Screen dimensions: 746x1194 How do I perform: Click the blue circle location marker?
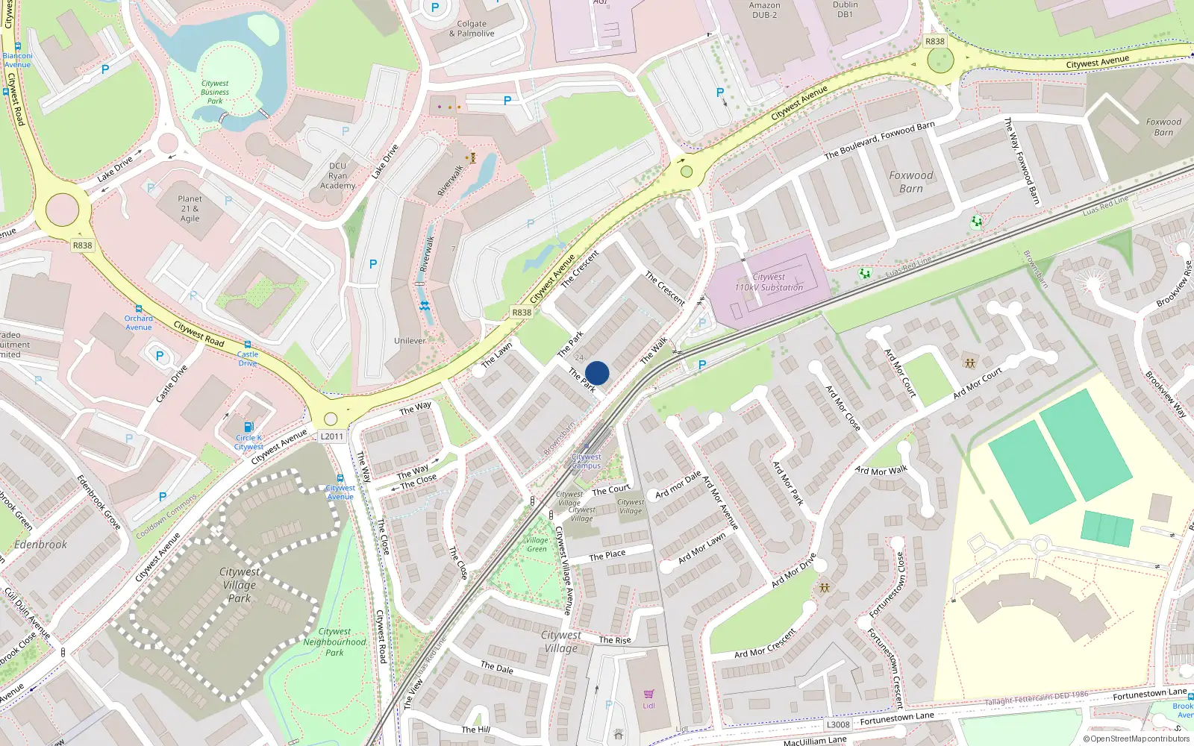597,373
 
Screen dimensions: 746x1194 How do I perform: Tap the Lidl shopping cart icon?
648,694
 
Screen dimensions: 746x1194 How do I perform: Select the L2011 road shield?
331,437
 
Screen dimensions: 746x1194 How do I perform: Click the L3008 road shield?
838,724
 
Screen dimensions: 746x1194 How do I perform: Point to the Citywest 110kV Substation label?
769,282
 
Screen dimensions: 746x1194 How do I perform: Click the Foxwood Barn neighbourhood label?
910,182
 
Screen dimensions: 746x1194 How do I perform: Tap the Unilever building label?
410,341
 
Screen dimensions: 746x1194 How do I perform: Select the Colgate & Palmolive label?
472,29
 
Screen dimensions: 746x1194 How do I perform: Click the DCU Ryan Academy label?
337,176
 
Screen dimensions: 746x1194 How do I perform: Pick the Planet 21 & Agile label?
190,209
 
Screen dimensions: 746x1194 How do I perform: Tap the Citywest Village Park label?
240,584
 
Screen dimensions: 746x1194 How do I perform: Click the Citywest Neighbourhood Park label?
334,642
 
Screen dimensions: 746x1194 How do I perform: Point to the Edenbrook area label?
40,545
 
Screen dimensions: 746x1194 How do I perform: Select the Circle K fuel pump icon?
249,427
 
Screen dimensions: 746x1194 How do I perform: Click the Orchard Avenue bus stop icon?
139,308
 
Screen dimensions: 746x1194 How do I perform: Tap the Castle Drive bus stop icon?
248,345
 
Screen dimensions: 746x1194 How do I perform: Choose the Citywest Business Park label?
215,93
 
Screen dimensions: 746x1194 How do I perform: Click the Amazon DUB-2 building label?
765,10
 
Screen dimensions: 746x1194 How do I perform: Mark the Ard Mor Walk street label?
881,471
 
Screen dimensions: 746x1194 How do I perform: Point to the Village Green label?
537,545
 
